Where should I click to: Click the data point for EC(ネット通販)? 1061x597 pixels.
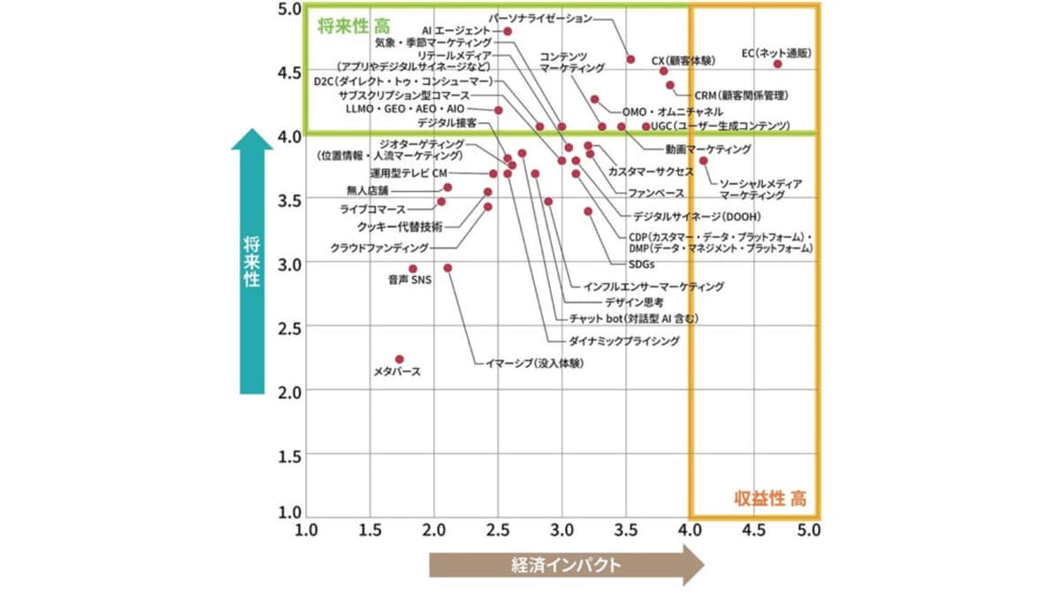point(778,64)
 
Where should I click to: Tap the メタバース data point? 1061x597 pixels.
point(399,359)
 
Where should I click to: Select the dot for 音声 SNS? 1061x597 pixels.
point(412,268)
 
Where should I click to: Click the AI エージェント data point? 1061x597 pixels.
point(508,31)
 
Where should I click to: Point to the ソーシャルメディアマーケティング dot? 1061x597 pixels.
point(704,160)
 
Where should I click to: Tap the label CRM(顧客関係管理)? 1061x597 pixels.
point(740,96)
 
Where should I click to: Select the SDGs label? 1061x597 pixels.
point(641,264)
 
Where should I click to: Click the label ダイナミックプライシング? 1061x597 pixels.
point(623,341)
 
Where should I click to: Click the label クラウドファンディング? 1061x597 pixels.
point(379,249)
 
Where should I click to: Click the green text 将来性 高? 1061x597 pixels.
point(353,25)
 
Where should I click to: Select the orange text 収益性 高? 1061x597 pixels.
point(770,498)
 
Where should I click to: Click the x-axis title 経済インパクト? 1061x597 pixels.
point(566,565)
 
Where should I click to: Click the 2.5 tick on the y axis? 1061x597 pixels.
point(289,328)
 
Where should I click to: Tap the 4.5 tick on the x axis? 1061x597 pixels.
point(753,532)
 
